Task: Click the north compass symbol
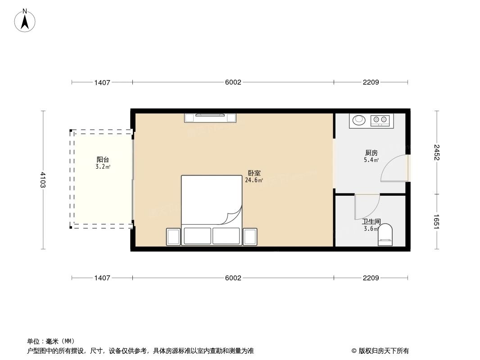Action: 26,21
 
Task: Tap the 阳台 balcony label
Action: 103,159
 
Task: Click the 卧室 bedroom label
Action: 254,173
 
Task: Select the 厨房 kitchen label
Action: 371,153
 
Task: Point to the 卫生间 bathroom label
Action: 371,222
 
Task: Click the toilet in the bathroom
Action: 385,235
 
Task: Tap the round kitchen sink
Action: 359,120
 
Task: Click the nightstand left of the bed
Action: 173,236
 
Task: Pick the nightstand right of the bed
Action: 250,236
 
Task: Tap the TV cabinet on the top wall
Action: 210,117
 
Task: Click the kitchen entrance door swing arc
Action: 393,168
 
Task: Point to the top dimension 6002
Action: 233,82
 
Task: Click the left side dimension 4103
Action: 43,180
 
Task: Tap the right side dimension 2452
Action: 436,152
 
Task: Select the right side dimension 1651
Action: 436,221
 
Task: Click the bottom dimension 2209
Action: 371,278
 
